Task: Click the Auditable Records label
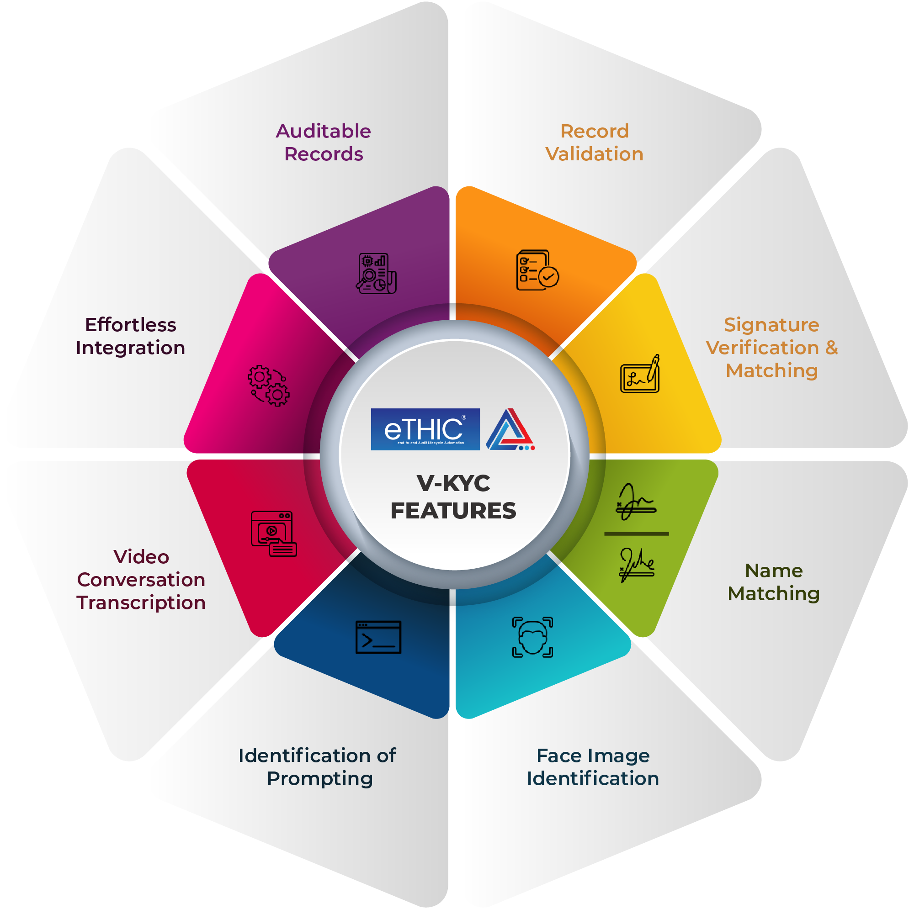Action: (x=324, y=143)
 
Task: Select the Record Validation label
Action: (x=595, y=143)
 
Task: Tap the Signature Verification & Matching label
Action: (x=771, y=348)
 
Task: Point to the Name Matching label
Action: (x=774, y=582)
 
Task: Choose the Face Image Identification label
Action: (x=593, y=767)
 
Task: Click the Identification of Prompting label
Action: (x=317, y=767)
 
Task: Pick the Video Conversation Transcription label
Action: (x=141, y=580)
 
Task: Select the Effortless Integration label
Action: (x=130, y=336)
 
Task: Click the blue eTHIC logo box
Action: (x=425, y=429)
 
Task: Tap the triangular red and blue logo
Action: (x=510, y=429)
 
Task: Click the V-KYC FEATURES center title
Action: (x=453, y=497)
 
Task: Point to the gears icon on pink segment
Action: (x=269, y=386)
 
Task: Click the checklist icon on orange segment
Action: (x=537, y=270)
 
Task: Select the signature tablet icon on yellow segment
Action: (x=640, y=374)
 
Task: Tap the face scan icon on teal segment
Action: (x=532, y=637)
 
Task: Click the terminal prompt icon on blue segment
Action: (x=378, y=637)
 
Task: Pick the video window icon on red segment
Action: (x=274, y=534)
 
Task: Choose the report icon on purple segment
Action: (x=376, y=273)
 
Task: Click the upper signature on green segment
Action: (x=636, y=502)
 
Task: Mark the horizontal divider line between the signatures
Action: (x=637, y=534)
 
